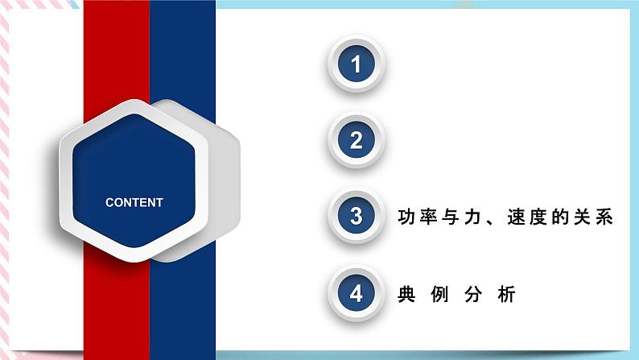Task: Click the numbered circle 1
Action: pos(357,64)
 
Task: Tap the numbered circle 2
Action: pos(357,140)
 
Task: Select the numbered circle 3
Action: pos(357,216)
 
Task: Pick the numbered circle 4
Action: pos(357,292)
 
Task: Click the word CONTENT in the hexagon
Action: pos(134,202)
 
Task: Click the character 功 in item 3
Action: pos(406,217)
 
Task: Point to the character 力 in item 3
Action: pos(472,217)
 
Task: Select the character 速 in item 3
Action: pos(517,217)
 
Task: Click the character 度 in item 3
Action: pos(538,217)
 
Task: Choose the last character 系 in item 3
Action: pos(604,217)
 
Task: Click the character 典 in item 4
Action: pos(406,294)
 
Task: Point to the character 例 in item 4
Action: pos(439,294)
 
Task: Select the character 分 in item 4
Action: pos(473,294)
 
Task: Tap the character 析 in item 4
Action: pos(506,294)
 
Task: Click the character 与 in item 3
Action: pos(451,217)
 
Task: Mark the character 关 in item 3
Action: pos(583,217)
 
